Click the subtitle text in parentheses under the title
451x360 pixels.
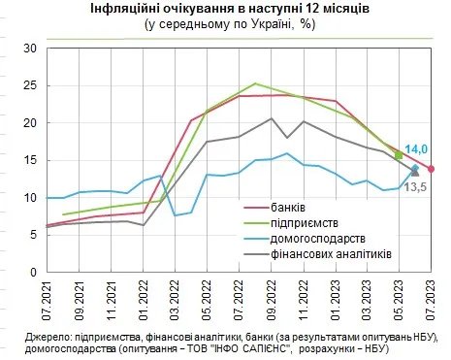[226, 25]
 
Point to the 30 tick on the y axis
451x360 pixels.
[28, 49]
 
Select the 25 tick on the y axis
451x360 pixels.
[28, 85]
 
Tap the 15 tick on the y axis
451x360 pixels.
[28, 160]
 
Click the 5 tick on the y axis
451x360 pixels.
[31, 235]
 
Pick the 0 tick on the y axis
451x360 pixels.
[31, 273]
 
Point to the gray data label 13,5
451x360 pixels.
[415, 186]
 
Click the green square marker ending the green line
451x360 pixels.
[399, 154]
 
